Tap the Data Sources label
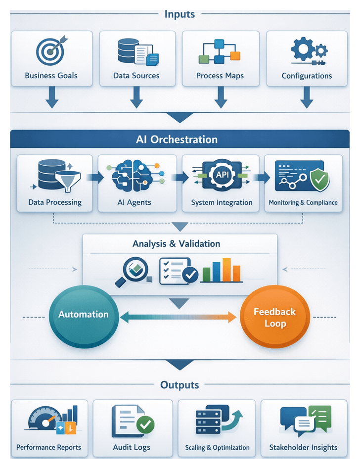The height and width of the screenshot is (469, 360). [x=136, y=76]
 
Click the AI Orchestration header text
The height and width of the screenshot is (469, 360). [x=177, y=140]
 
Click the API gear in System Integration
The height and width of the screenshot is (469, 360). [x=221, y=175]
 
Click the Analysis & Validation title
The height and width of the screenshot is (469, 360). [x=177, y=243]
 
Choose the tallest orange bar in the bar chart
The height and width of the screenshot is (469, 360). [x=226, y=269]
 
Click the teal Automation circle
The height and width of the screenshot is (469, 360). [x=83, y=314]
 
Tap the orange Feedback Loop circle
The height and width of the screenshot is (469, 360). [x=274, y=317]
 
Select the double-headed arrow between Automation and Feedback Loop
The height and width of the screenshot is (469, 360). [x=179, y=317]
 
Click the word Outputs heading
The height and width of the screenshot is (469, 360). [x=180, y=385]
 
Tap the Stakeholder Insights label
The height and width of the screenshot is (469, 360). [x=303, y=447]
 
